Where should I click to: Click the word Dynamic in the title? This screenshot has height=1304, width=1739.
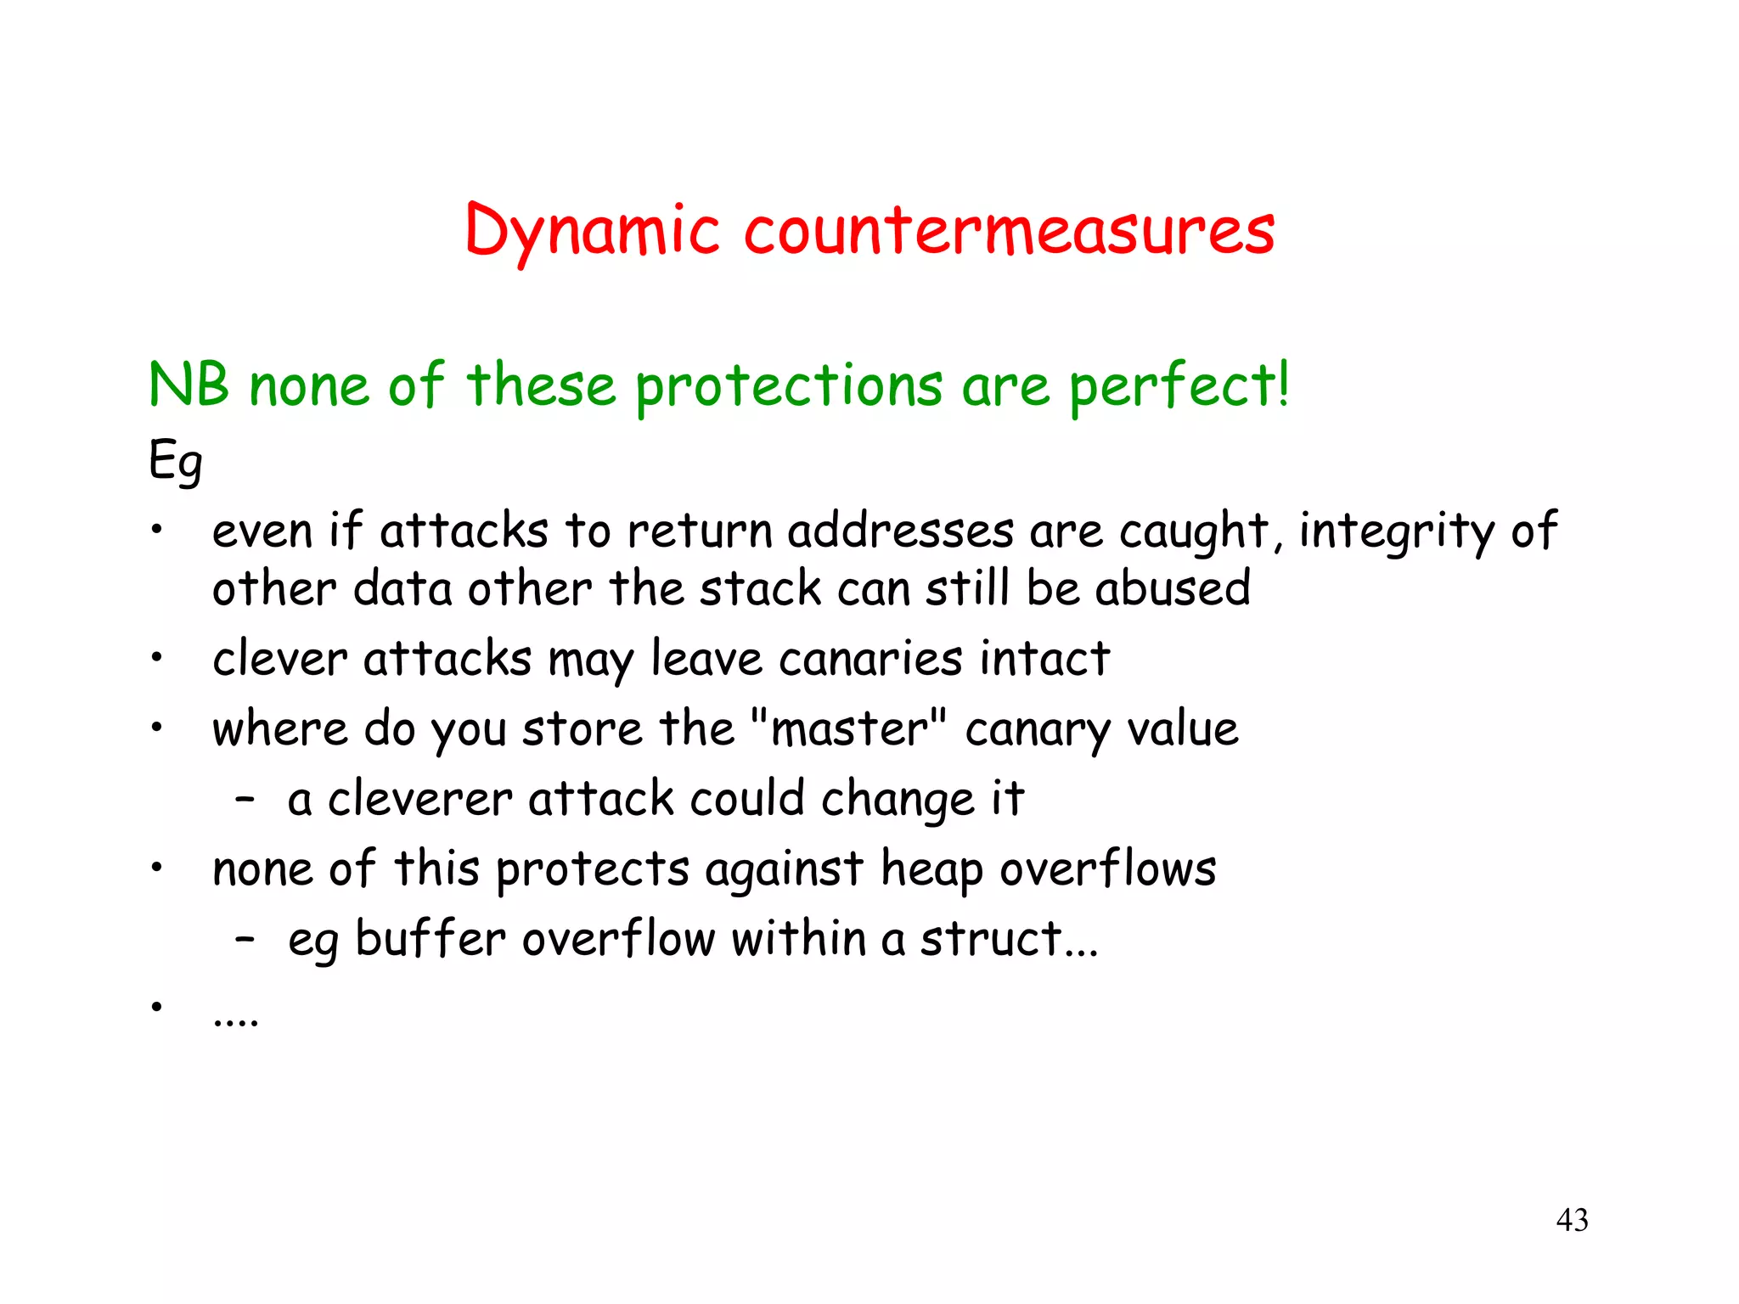(593, 232)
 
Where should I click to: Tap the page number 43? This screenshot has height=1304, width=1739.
(1572, 1220)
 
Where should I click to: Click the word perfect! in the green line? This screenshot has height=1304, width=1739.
(1179, 387)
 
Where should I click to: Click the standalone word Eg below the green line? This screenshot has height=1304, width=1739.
(176, 462)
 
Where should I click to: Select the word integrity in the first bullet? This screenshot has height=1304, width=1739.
(1396, 532)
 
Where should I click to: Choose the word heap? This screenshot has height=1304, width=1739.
(931, 869)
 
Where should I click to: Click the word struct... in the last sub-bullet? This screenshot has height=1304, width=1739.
(1009, 939)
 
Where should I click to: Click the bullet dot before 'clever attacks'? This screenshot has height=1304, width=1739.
(156, 658)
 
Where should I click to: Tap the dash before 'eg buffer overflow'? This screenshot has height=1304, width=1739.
(245, 939)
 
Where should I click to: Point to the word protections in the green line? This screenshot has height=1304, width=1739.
(789, 387)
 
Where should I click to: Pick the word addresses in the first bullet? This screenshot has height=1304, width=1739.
(900, 532)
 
